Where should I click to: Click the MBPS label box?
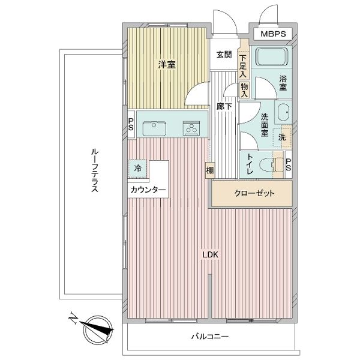pyautogui.click(x=273, y=34)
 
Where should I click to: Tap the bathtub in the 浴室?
pyautogui.click(x=272, y=57)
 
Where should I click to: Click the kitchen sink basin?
pyautogui.click(x=154, y=128)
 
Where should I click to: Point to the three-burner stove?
pyautogui.click(x=191, y=128)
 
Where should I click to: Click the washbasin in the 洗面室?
pyautogui.click(x=283, y=113)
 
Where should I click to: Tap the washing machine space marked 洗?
pyautogui.click(x=282, y=137)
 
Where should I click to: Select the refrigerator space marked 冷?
pyautogui.click(x=138, y=169)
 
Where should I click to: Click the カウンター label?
pyautogui.click(x=148, y=190)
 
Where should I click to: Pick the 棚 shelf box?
pyautogui.click(x=210, y=170)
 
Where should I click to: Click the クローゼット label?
pyautogui.click(x=254, y=193)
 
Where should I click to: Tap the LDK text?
pyautogui.click(x=210, y=254)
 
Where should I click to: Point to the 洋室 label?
pyautogui.click(x=167, y=65)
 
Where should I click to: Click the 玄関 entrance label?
pyautogui.click(x=224, y=55)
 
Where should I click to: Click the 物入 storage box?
pyautogui.click(x=244, y=90)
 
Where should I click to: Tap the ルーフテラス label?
pyautogui.click(x=95, y=170)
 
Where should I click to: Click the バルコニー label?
pyautogui.click(x=210, y=337)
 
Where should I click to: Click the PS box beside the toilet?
pyautogui.click(x=289, y=164)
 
